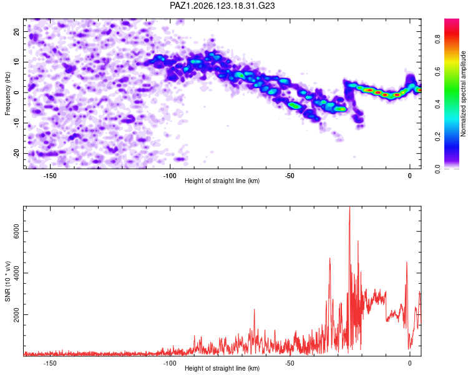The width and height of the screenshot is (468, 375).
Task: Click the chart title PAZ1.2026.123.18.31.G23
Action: point(222,6)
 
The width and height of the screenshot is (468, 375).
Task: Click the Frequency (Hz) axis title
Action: point(7,94)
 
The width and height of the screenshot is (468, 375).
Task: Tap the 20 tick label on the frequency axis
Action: point(16,32)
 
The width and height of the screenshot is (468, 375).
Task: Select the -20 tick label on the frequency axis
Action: point(16,154)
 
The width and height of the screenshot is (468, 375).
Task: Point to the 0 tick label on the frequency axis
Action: point(16,92)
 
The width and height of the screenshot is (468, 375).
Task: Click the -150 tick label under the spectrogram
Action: point(50,176)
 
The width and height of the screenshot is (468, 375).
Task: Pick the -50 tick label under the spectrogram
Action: point(290,176)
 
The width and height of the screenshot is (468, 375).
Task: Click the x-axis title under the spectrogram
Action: point(222,181)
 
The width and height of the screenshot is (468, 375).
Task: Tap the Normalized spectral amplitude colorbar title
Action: point(463,94)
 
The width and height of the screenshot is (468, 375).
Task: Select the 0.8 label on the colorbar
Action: point(437,39)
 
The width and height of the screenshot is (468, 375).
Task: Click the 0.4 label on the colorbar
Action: point(437,104)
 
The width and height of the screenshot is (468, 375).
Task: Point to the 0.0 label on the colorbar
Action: point(437,169)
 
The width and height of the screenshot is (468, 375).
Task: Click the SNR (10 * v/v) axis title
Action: point(7,281)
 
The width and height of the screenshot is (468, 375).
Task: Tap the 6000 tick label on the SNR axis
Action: point(16,231)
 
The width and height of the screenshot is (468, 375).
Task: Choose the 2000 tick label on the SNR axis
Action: point(16,315)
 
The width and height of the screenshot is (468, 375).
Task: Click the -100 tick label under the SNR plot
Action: point(170,363)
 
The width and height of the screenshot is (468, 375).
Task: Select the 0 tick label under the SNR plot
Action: point(410,363)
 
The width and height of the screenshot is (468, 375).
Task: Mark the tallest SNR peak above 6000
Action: point(350,207)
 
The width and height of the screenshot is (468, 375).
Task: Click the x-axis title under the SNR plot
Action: point(222,368)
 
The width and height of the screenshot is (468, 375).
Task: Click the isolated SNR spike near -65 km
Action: point(255,310)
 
